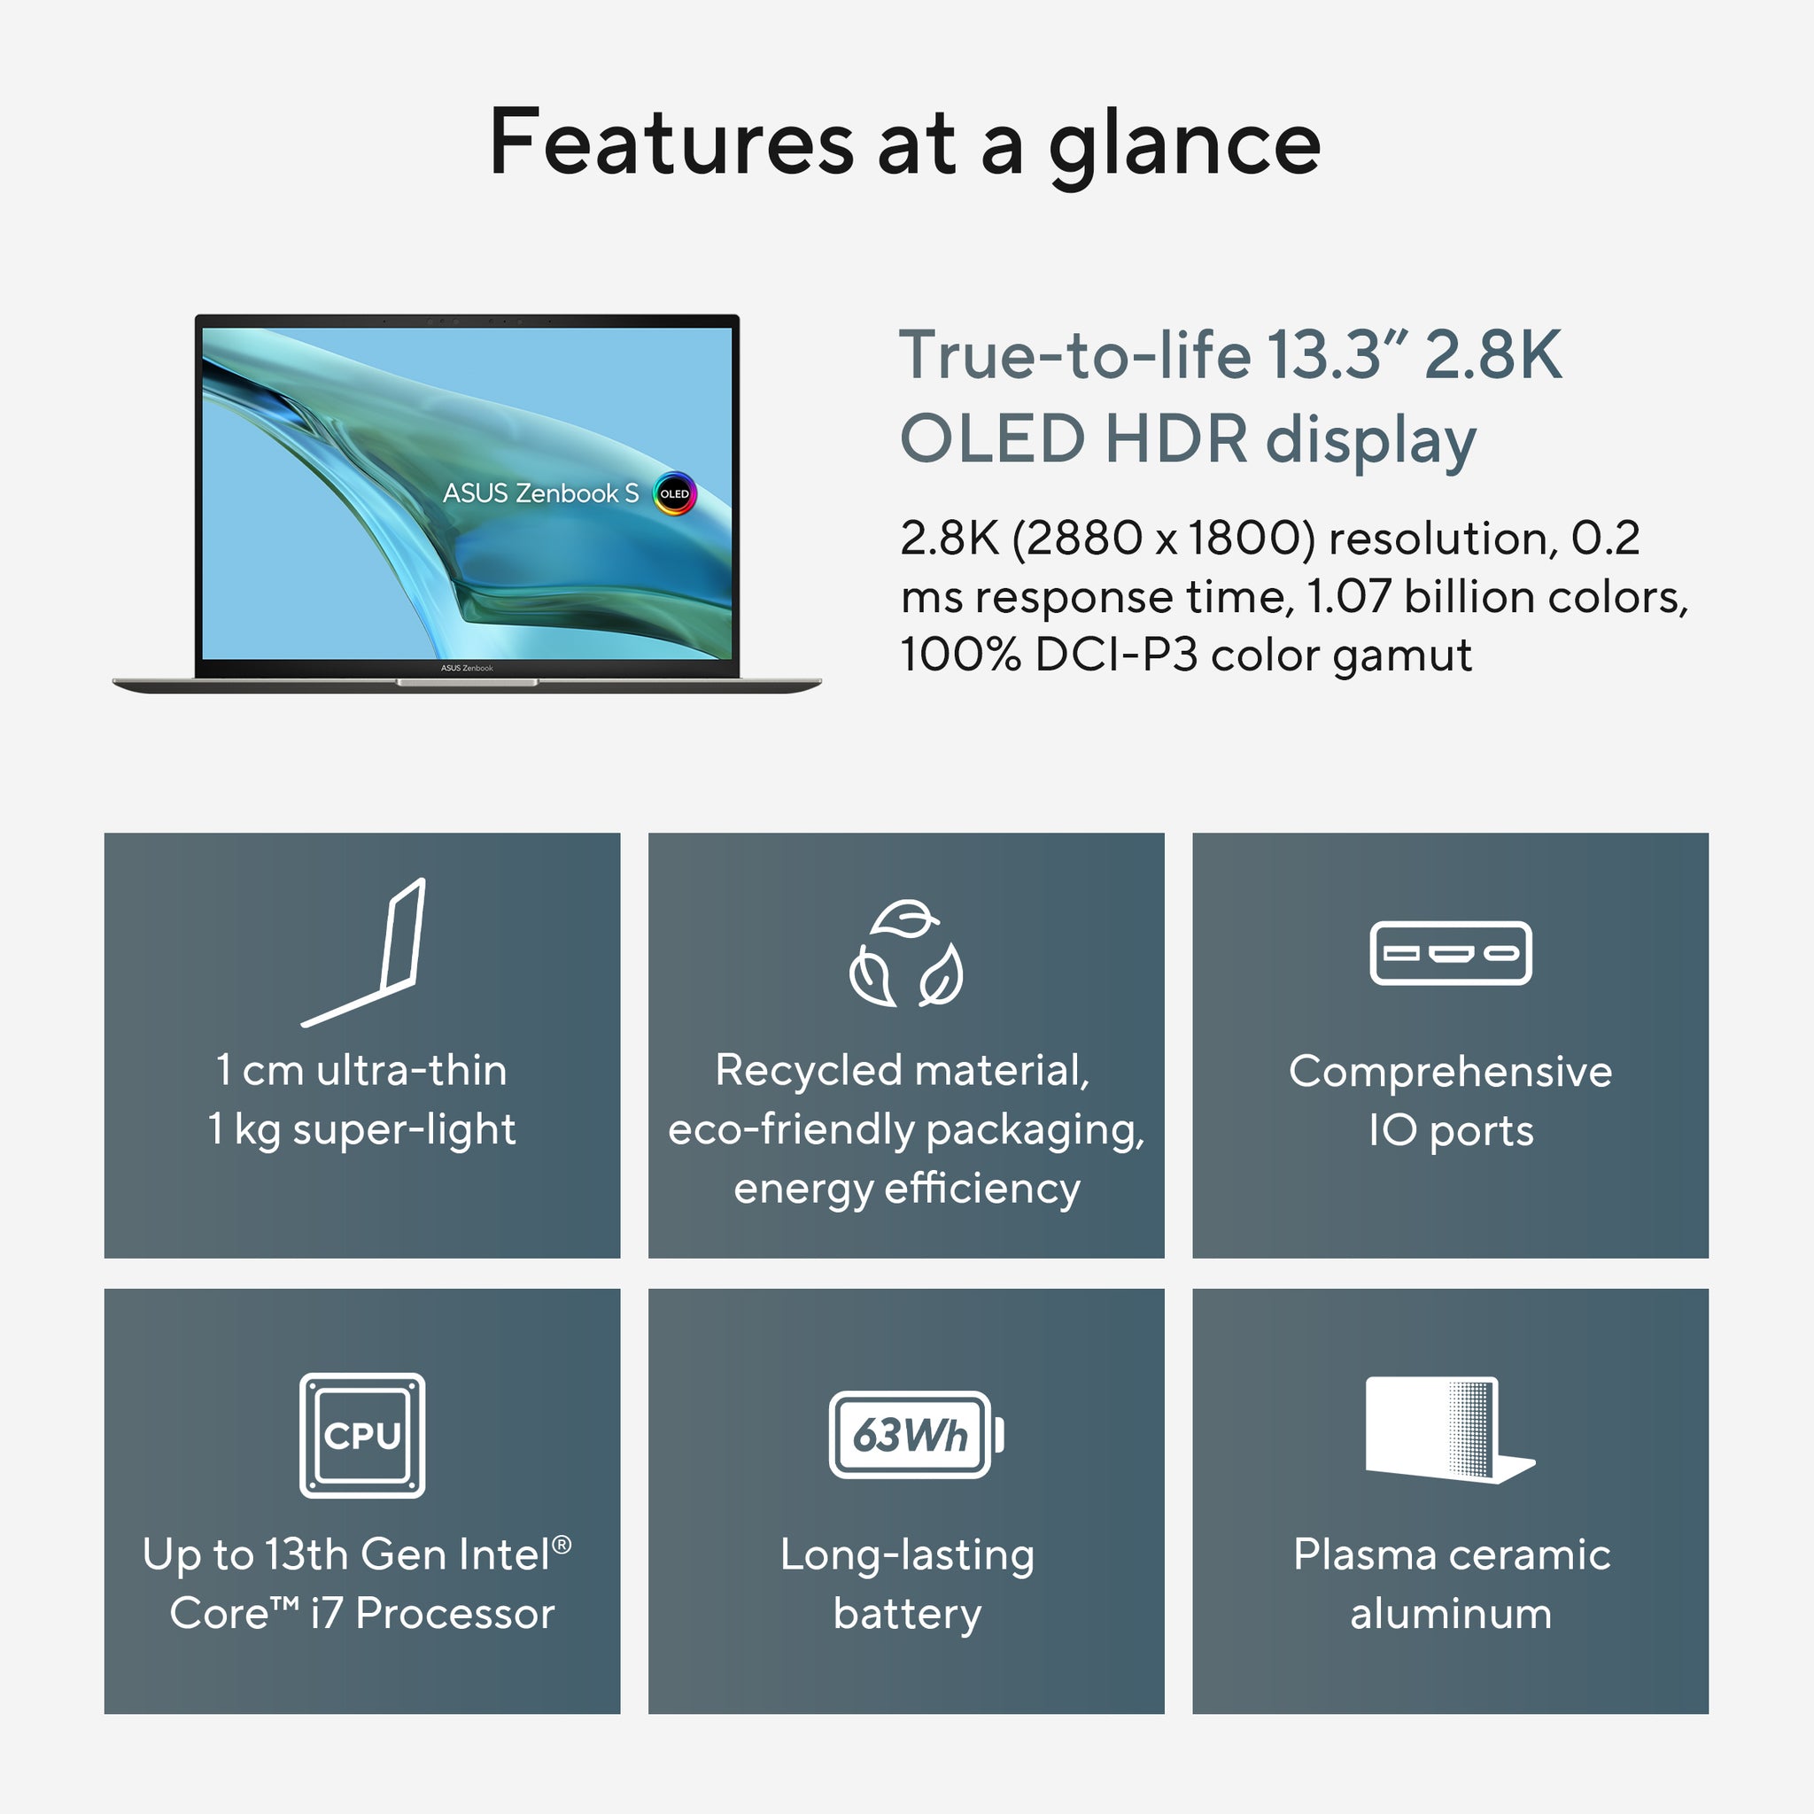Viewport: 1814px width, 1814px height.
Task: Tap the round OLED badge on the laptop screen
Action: pyautogui.click(x=674, y=494)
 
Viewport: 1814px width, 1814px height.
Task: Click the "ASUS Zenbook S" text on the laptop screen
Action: pyautogui.click(x=540, y=494)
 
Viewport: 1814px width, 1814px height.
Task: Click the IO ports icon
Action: pyautogui.click(x=1450, y=953)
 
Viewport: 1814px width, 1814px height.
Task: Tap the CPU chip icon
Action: pyautogui.click(x=362, y=1435)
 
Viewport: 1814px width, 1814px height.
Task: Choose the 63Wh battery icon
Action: pyautogui.click(x=916, y=1435)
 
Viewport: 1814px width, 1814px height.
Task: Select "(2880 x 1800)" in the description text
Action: pyautogui.click(x=1163, y=539)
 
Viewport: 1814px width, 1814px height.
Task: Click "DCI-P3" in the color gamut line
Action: pyautogui.click(x=1116, y=655)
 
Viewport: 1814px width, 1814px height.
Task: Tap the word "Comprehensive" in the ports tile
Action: pyautogui.click(x=1450, y=1073)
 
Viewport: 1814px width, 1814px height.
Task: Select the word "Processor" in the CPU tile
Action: pyautogui.click(x=455, y=1614)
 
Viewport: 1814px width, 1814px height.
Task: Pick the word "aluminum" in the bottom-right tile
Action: pyautogui.click(x=1451, y=1614)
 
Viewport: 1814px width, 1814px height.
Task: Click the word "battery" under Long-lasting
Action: pyautogui.click(x=907, y=1614)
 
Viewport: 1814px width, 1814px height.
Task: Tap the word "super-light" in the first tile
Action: pyautogui.click(x=405, y=1129)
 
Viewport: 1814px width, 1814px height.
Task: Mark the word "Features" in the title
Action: pyautogui.click(x=671, y=143)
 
